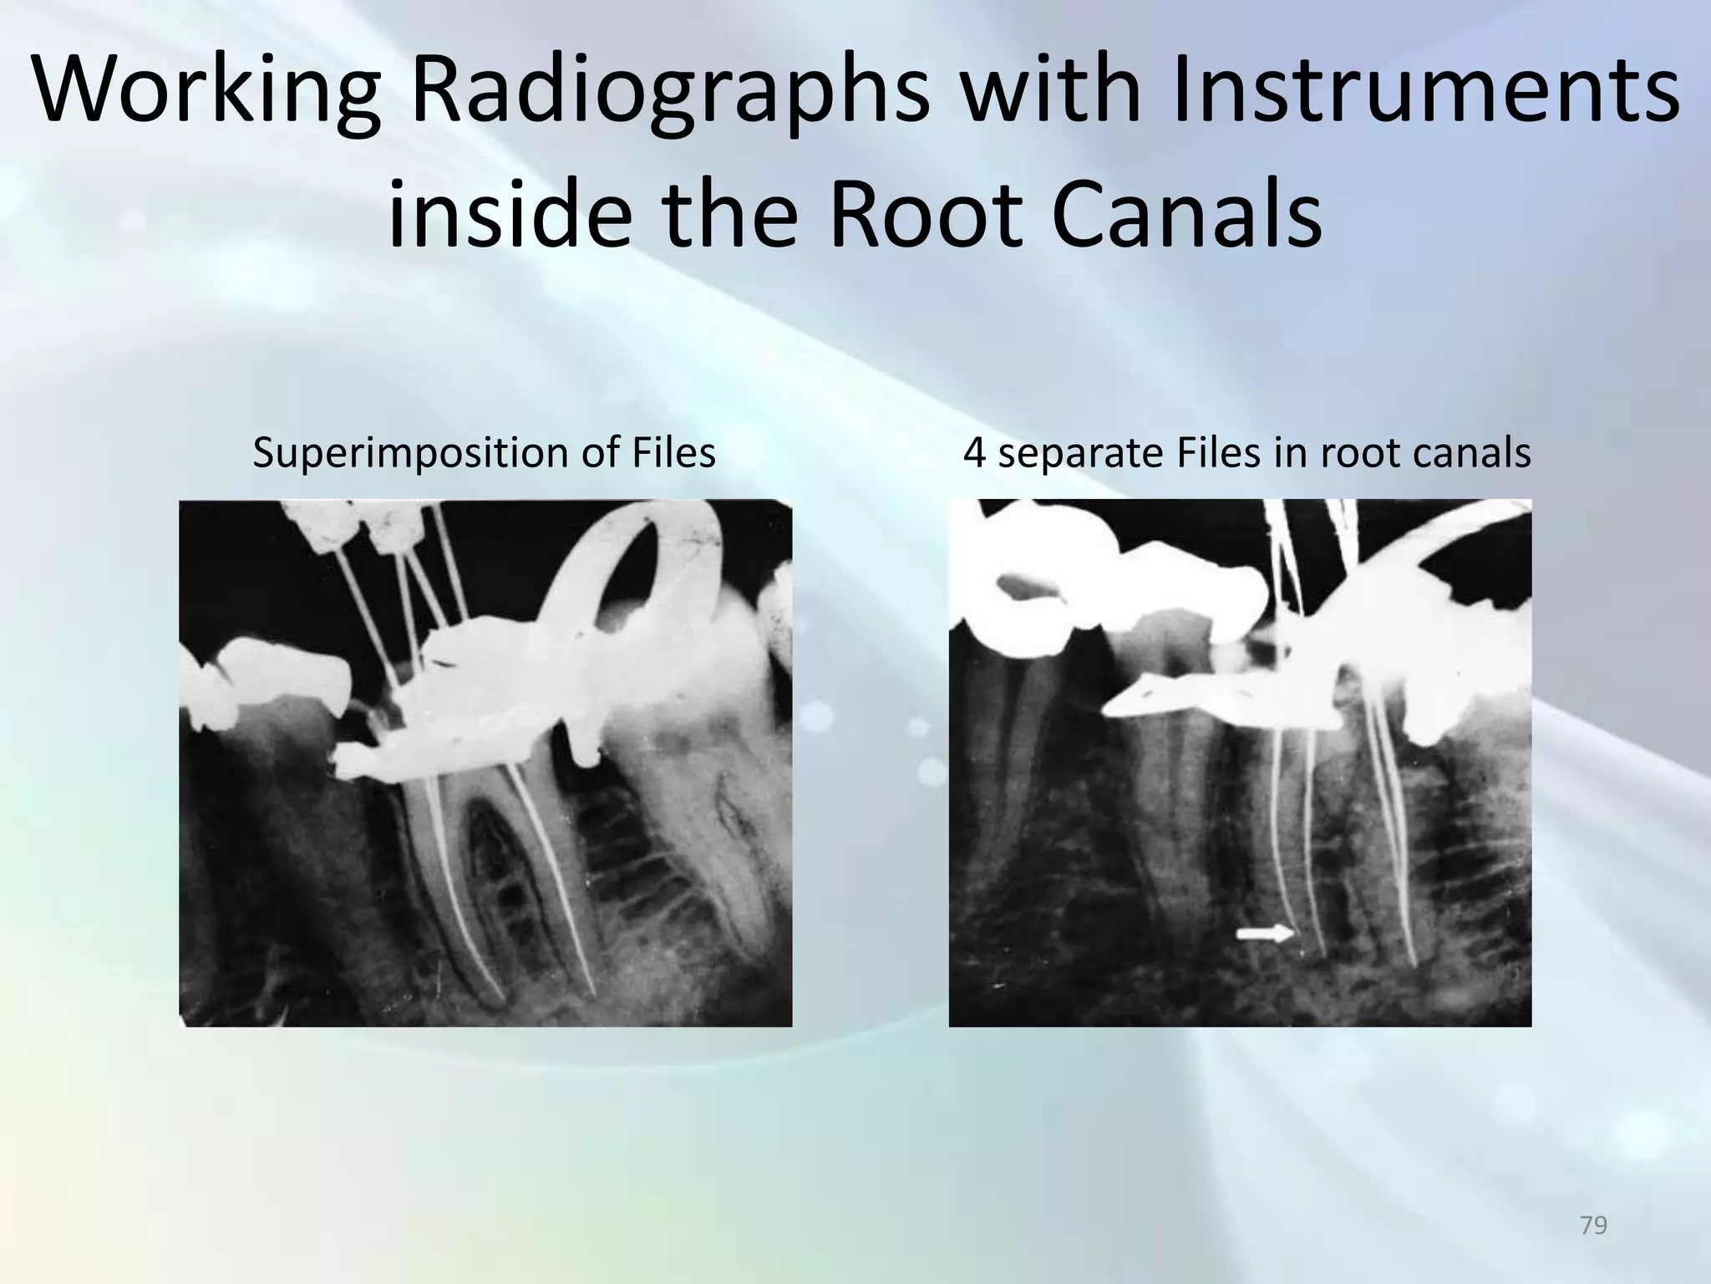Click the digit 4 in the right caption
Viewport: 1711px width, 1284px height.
coord(974,453)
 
